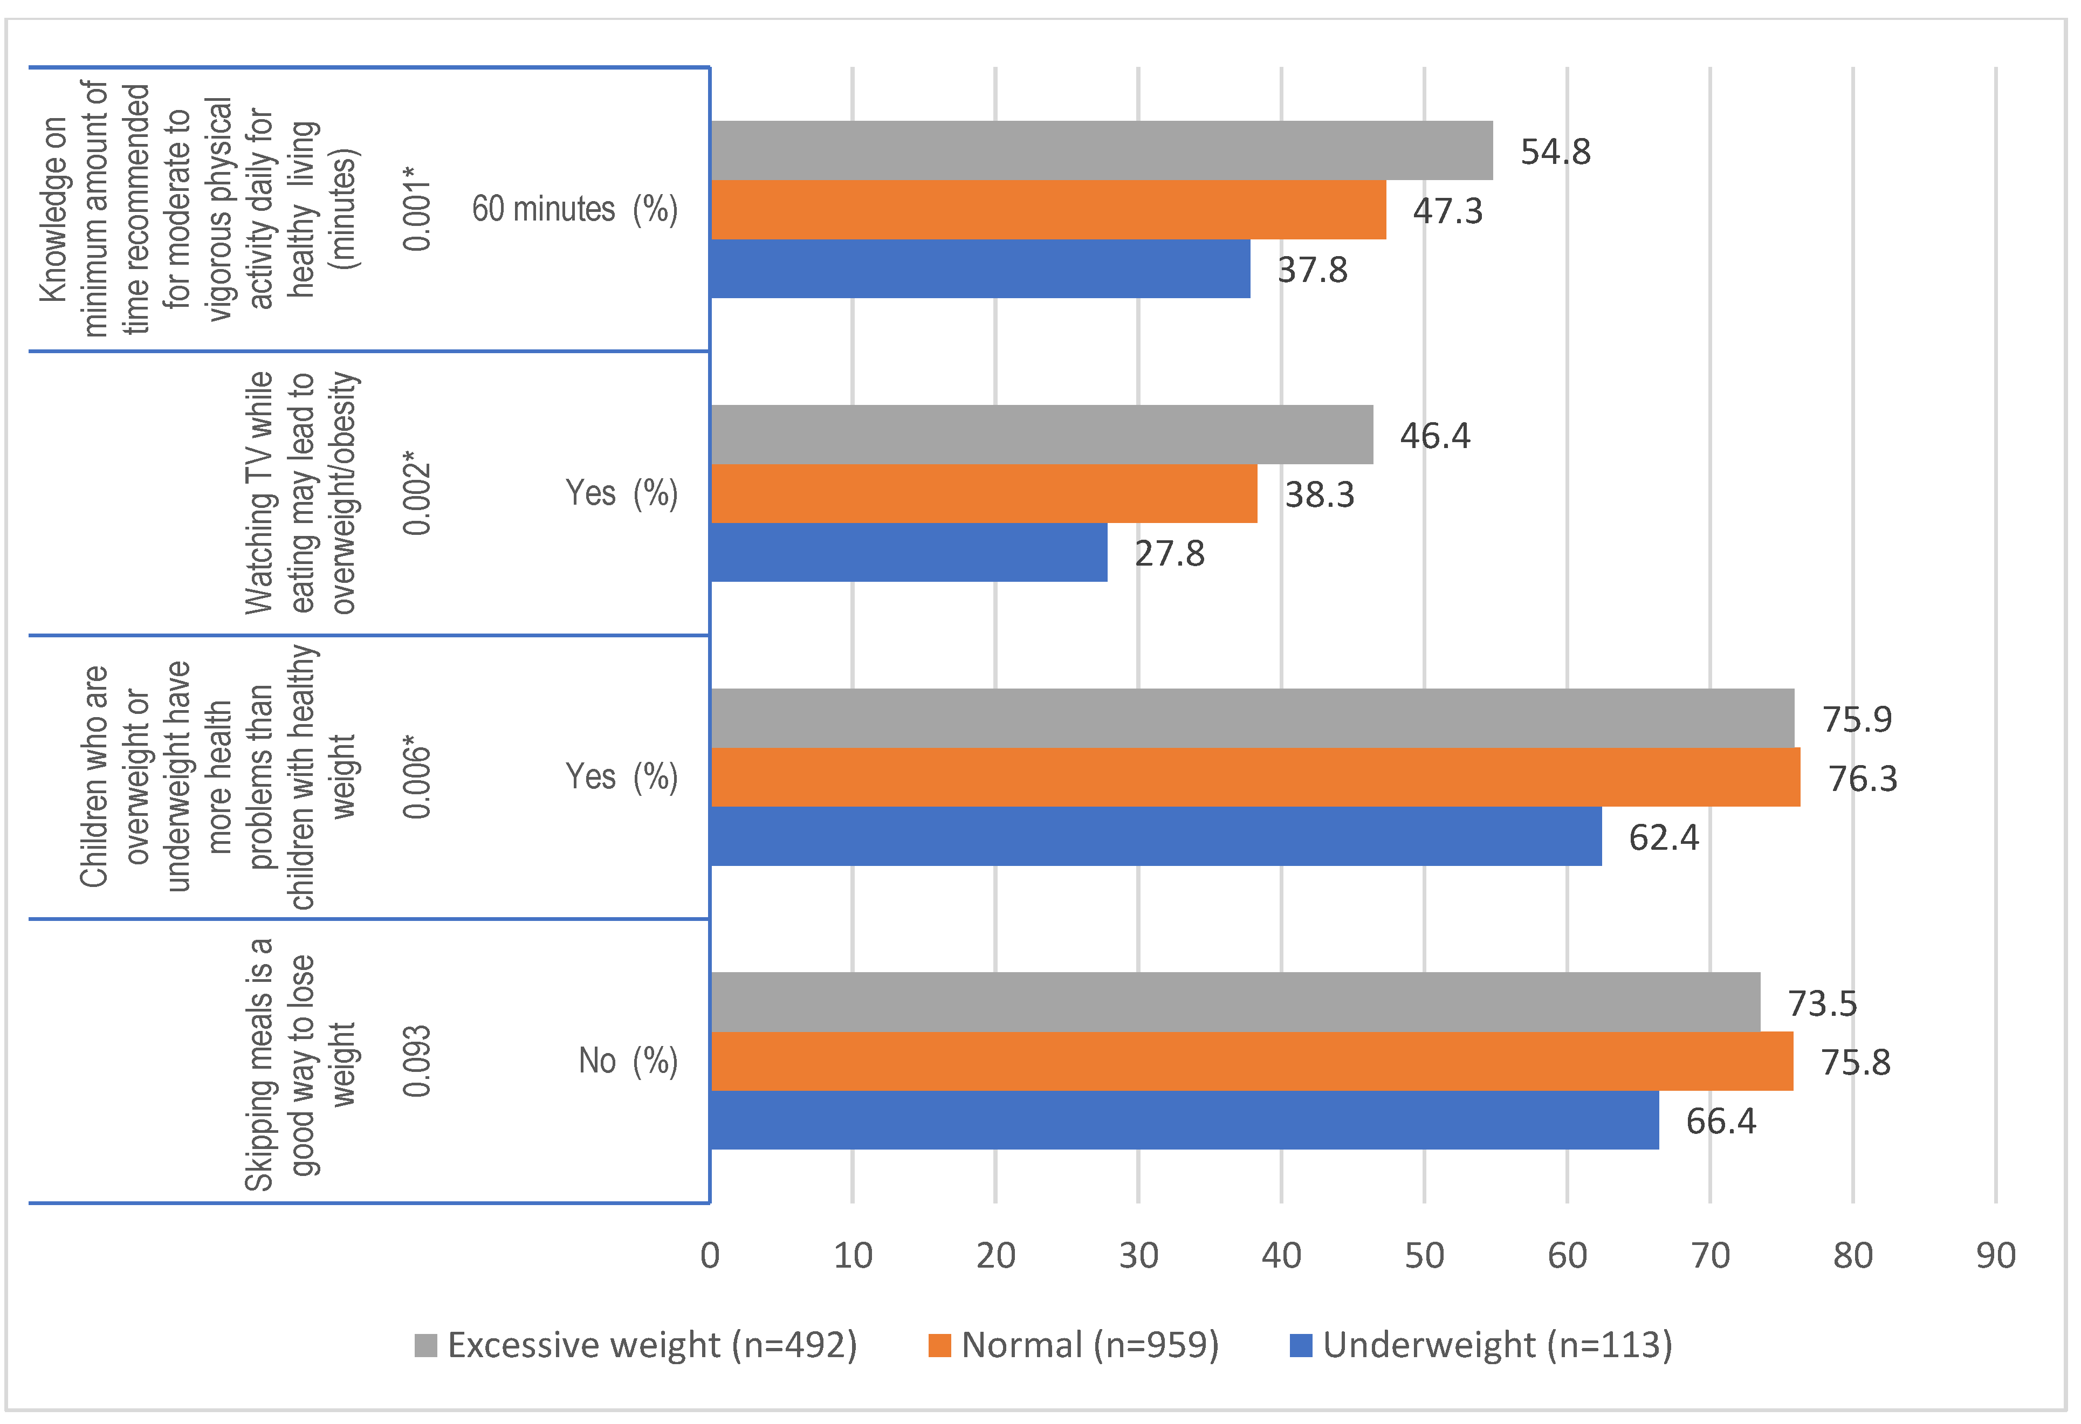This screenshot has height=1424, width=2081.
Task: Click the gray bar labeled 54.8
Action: click(1101, 150)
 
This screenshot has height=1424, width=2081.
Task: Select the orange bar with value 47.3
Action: click(1048, 210)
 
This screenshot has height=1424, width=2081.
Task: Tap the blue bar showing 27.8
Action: click(909, 553)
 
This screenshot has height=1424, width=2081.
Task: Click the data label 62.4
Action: click(1663, 837)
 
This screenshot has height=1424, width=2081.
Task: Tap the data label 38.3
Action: click(1319, 494)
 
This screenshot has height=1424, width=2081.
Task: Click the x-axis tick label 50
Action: click(1424, 1256)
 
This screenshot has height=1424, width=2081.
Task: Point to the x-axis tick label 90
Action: click(1995, 1256)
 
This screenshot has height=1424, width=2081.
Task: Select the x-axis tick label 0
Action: click(710, 1256)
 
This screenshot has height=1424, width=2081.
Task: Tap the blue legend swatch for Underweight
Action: click(1300, 1345)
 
